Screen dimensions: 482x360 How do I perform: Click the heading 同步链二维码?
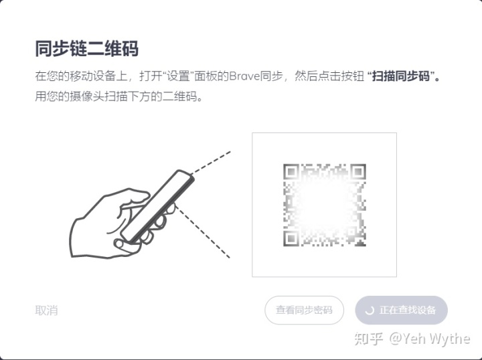click(x=87, y=49)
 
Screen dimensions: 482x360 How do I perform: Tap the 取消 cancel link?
click(x=46, y=310)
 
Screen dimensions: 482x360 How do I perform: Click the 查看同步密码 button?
click(x=304, y=310)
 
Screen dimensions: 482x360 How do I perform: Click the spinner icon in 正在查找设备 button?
click(x=369, y=310)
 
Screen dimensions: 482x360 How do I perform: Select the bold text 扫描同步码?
click(x=401, y=76)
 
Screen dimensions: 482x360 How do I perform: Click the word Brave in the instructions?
click(x=245, y=76)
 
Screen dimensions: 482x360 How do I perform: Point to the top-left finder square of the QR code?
click(x=291, y=172)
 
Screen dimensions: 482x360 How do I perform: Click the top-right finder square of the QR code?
click(x=357, y=172)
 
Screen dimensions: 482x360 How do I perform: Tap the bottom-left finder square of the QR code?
click(x=291, y=238)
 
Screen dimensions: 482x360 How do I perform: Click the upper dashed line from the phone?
click(x=211, y=162)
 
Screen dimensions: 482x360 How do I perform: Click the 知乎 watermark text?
click(x=369, y=339)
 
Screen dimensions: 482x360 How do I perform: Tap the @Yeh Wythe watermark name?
click(x=429, y=339)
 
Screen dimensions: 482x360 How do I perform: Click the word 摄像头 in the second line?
click(x=87, y=96)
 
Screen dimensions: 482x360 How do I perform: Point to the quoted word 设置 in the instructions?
click(x=178, y=76)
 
